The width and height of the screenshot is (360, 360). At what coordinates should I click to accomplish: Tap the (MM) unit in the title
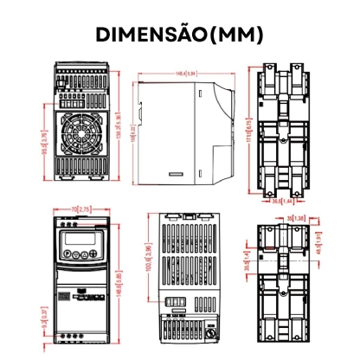tap(236, 34)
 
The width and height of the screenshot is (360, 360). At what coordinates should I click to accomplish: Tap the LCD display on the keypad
tap(80, 239)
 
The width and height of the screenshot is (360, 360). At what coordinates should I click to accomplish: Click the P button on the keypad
tap(67, 253)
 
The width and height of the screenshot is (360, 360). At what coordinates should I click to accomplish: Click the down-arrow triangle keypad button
tap(75, 254)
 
